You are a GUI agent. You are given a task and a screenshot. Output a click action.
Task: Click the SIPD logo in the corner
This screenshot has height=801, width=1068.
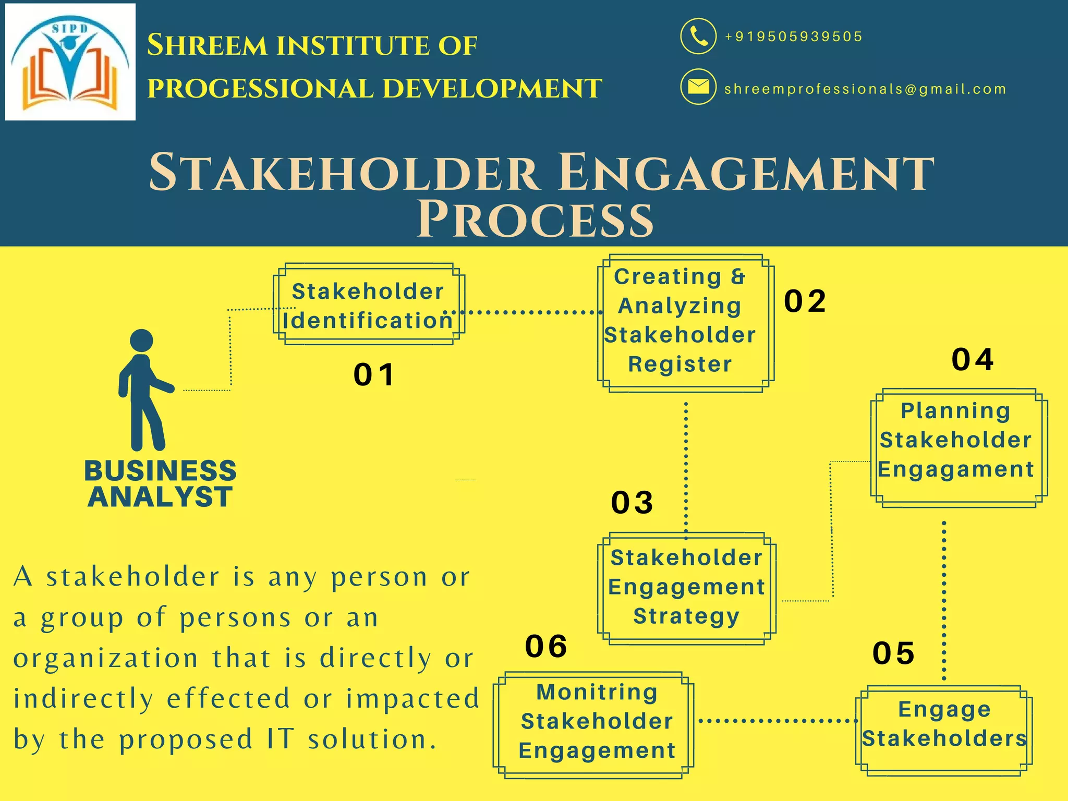(x=70, y=62)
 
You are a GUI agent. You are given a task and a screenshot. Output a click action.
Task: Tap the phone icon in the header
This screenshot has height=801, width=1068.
(x=698, y=36)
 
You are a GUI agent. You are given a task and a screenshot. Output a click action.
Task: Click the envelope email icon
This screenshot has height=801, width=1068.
(x=698, y=87)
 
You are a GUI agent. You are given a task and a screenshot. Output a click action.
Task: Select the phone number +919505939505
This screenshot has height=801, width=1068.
(x=793, y=37)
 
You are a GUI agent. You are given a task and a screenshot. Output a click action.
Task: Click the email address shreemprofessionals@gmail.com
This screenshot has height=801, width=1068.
(x=865, y=89)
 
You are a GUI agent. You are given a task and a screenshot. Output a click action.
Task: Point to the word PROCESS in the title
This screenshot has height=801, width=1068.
(x=535, y=220)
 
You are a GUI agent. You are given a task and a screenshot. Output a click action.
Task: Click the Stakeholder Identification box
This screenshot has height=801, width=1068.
(x=368, y=305)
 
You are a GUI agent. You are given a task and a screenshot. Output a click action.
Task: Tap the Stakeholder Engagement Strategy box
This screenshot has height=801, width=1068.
(x=686, y=587)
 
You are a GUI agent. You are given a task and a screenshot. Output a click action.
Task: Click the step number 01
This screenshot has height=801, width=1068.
(x=374, y=374)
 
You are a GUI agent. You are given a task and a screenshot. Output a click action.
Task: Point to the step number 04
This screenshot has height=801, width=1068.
(x=973, y=359)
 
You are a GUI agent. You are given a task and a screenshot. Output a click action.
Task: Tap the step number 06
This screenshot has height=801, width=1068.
(x=546, y=646)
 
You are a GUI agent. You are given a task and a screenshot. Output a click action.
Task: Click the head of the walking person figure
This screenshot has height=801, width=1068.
(x=141, y=340)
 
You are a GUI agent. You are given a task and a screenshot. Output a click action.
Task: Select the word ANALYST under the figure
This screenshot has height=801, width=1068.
(x=160, y=496)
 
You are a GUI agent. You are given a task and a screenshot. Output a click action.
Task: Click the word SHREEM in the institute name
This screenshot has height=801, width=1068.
(x=207, y=45)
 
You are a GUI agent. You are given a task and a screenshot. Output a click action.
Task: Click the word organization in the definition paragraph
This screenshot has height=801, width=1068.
(x=106, y=659)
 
